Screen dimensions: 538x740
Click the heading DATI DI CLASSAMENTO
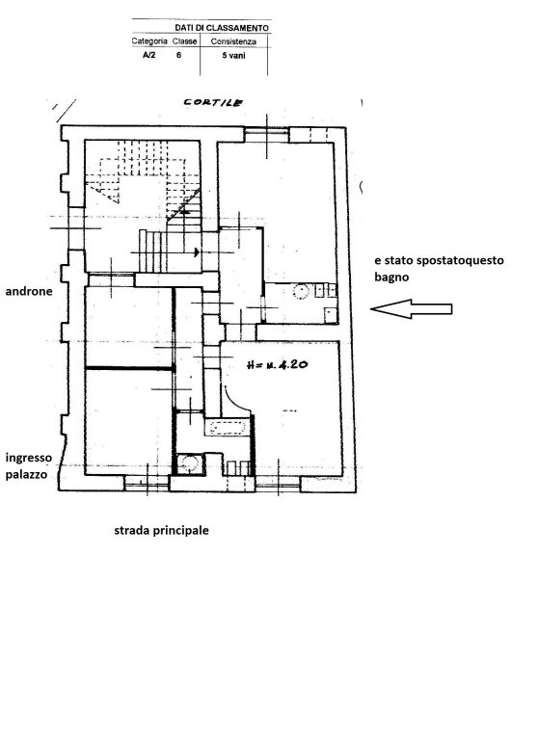click(x=222, y=28)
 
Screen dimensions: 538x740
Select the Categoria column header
click(x=149, y=41)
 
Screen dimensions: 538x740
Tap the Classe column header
click(x=185, y=41)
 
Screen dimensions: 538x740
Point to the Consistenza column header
click(x=234, y=41)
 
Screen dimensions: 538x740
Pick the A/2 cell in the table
click(x=148, y=55)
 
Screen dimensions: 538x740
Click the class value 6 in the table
click(x=178, y=55)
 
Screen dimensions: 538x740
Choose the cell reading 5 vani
click(x=234, y=55)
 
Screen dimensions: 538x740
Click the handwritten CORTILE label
click(x=213, y=102)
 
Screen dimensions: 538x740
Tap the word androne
click(x=29, y=291)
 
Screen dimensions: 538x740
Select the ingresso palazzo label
click(x=28, y=465)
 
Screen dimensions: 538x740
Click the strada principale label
click(x=162, y=530)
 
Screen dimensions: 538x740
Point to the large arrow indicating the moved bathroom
click(x=411, y=309)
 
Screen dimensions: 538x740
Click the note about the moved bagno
click(x=439, y=268)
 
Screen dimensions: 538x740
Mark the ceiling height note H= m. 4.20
click(x=278, y=365)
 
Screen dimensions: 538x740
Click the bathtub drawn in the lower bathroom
click(x=227, y=428)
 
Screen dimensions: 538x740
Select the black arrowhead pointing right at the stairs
click(x=197, y=253)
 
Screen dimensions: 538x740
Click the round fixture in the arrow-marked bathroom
click(x=301, y=291)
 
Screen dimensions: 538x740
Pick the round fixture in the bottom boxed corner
click(x=190, y=464)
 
